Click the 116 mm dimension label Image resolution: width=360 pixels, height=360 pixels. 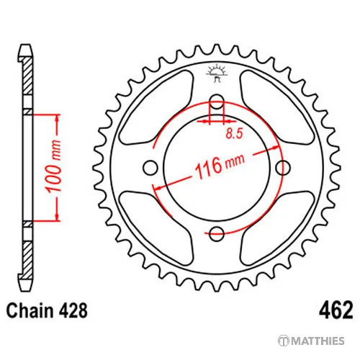point(220,166)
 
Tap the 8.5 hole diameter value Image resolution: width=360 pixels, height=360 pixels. point(234,133)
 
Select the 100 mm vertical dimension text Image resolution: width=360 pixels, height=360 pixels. point(54,166)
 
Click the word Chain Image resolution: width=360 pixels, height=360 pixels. point(30,311)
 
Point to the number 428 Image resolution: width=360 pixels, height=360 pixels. point(72,311)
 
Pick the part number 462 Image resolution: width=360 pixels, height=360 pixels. point(336,310)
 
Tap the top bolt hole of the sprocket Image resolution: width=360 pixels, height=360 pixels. point(217,102)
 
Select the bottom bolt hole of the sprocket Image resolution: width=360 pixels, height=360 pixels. point(217,234)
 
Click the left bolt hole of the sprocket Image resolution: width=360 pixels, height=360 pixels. point(150,168)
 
